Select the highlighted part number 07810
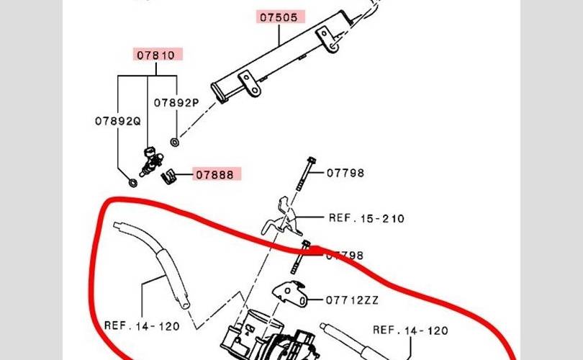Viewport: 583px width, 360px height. [x=156, y=55]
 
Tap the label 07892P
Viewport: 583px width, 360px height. [x=176, y=103]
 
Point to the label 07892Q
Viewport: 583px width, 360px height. [x=117, y=121]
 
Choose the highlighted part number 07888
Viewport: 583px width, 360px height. [x=216, y=174]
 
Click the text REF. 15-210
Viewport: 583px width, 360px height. [x=367, y=217]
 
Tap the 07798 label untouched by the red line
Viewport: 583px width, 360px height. [x=345, y=173]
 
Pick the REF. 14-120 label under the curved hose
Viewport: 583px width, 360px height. [x=142, y=325]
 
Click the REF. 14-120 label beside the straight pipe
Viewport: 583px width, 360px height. [x=410, y=330]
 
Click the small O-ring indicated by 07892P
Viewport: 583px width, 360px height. [x=176, y=141]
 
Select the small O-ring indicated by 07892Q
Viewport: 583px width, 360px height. [x=133, y=182]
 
